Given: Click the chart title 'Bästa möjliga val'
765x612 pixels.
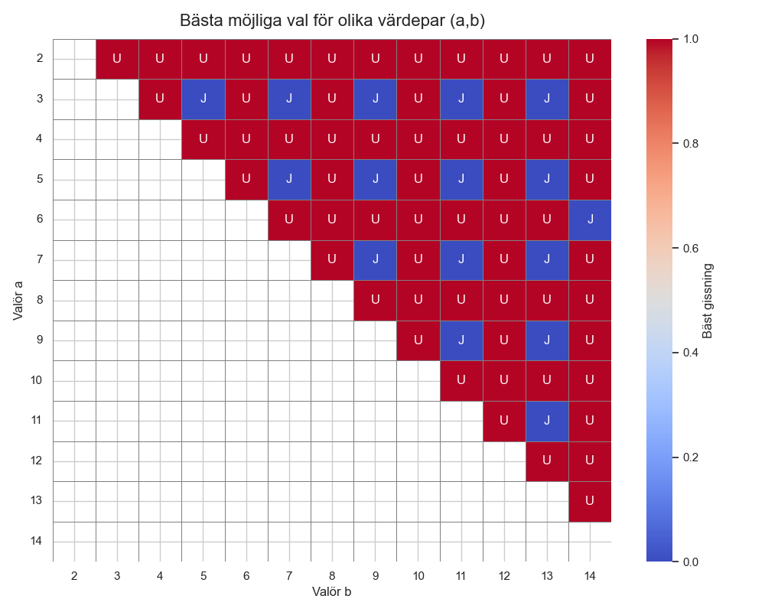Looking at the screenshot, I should click(332, 21).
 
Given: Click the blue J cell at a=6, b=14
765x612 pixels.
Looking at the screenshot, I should click(590, 220).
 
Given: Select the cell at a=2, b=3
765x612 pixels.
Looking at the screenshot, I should click(117, 58).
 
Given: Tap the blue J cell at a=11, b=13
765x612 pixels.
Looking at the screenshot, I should click(547, 421).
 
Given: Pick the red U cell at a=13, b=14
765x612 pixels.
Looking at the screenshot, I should click(590, 501).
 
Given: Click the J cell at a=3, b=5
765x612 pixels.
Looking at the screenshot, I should click(203, 99).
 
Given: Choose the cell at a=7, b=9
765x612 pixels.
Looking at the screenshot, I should click(375, 259).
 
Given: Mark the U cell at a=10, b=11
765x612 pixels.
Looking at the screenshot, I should click(461, 380).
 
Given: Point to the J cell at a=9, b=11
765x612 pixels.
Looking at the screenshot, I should click(461, 340).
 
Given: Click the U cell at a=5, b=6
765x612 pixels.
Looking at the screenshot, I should click(246, 179).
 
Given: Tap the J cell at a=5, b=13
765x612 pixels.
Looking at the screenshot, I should click(547, 179).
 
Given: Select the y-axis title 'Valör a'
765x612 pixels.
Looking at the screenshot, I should click(18, 300).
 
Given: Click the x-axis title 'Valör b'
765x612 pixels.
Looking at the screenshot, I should click(331, 591).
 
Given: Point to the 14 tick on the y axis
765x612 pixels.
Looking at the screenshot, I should click(37, 542).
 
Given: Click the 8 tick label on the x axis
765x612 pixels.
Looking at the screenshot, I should click(332, 575).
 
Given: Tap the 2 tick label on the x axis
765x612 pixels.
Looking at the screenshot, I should click(74, 575).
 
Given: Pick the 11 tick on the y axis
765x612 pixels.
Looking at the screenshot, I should click(37, 421).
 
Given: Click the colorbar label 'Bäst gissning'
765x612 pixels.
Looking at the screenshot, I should click(708, 300).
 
